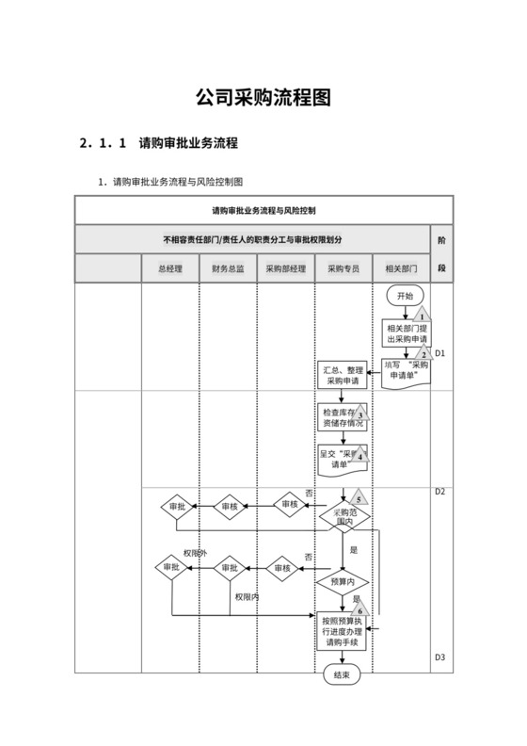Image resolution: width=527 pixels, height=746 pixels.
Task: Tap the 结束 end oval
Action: tap(342, 674)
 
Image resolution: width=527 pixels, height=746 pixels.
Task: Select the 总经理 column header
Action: tap(170, 268)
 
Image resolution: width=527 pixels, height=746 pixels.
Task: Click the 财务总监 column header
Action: tap(228, 268)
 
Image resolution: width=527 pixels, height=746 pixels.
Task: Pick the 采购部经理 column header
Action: tap(285, 268)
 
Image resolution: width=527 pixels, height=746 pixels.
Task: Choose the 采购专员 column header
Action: tap(343, 268)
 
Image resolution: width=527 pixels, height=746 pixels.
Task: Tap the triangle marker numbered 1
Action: tap(423, 316)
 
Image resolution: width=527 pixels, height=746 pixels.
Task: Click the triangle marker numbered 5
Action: tap(359, 499)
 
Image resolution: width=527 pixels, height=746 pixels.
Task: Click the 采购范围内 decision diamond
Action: tap(344, 517)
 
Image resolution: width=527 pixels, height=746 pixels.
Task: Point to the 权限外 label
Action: tap(194, 553)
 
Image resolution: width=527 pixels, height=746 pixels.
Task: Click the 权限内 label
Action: tap(247, 596)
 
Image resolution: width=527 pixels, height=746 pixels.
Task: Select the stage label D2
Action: tap(439, 492)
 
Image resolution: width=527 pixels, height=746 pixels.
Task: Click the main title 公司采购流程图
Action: tap(263, 98)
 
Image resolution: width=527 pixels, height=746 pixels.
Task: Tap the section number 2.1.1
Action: tap(103, 144)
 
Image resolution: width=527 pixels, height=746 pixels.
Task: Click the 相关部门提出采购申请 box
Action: tap(406, 332)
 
